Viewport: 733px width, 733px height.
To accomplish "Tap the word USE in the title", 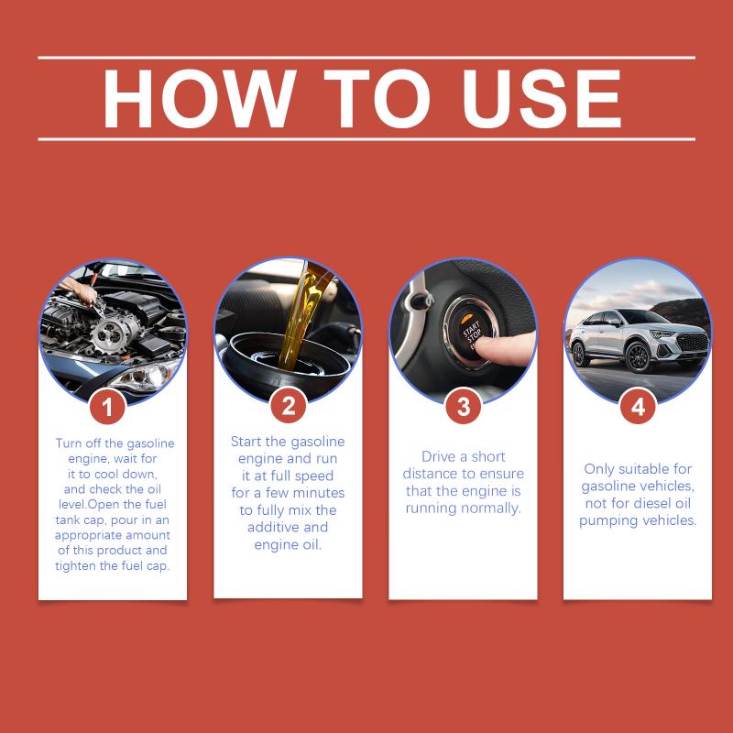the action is coord(542,99).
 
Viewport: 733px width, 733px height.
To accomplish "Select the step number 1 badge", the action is coord(107,407).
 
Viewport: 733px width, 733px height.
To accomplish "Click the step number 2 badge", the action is coord(289,405).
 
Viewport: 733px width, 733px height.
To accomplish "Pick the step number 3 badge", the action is coord(464,406).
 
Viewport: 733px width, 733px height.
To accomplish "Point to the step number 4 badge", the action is coord(638,406).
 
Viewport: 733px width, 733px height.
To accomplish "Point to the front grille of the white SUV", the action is coord(692,343).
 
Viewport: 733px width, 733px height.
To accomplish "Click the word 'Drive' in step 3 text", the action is coord(437,456).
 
